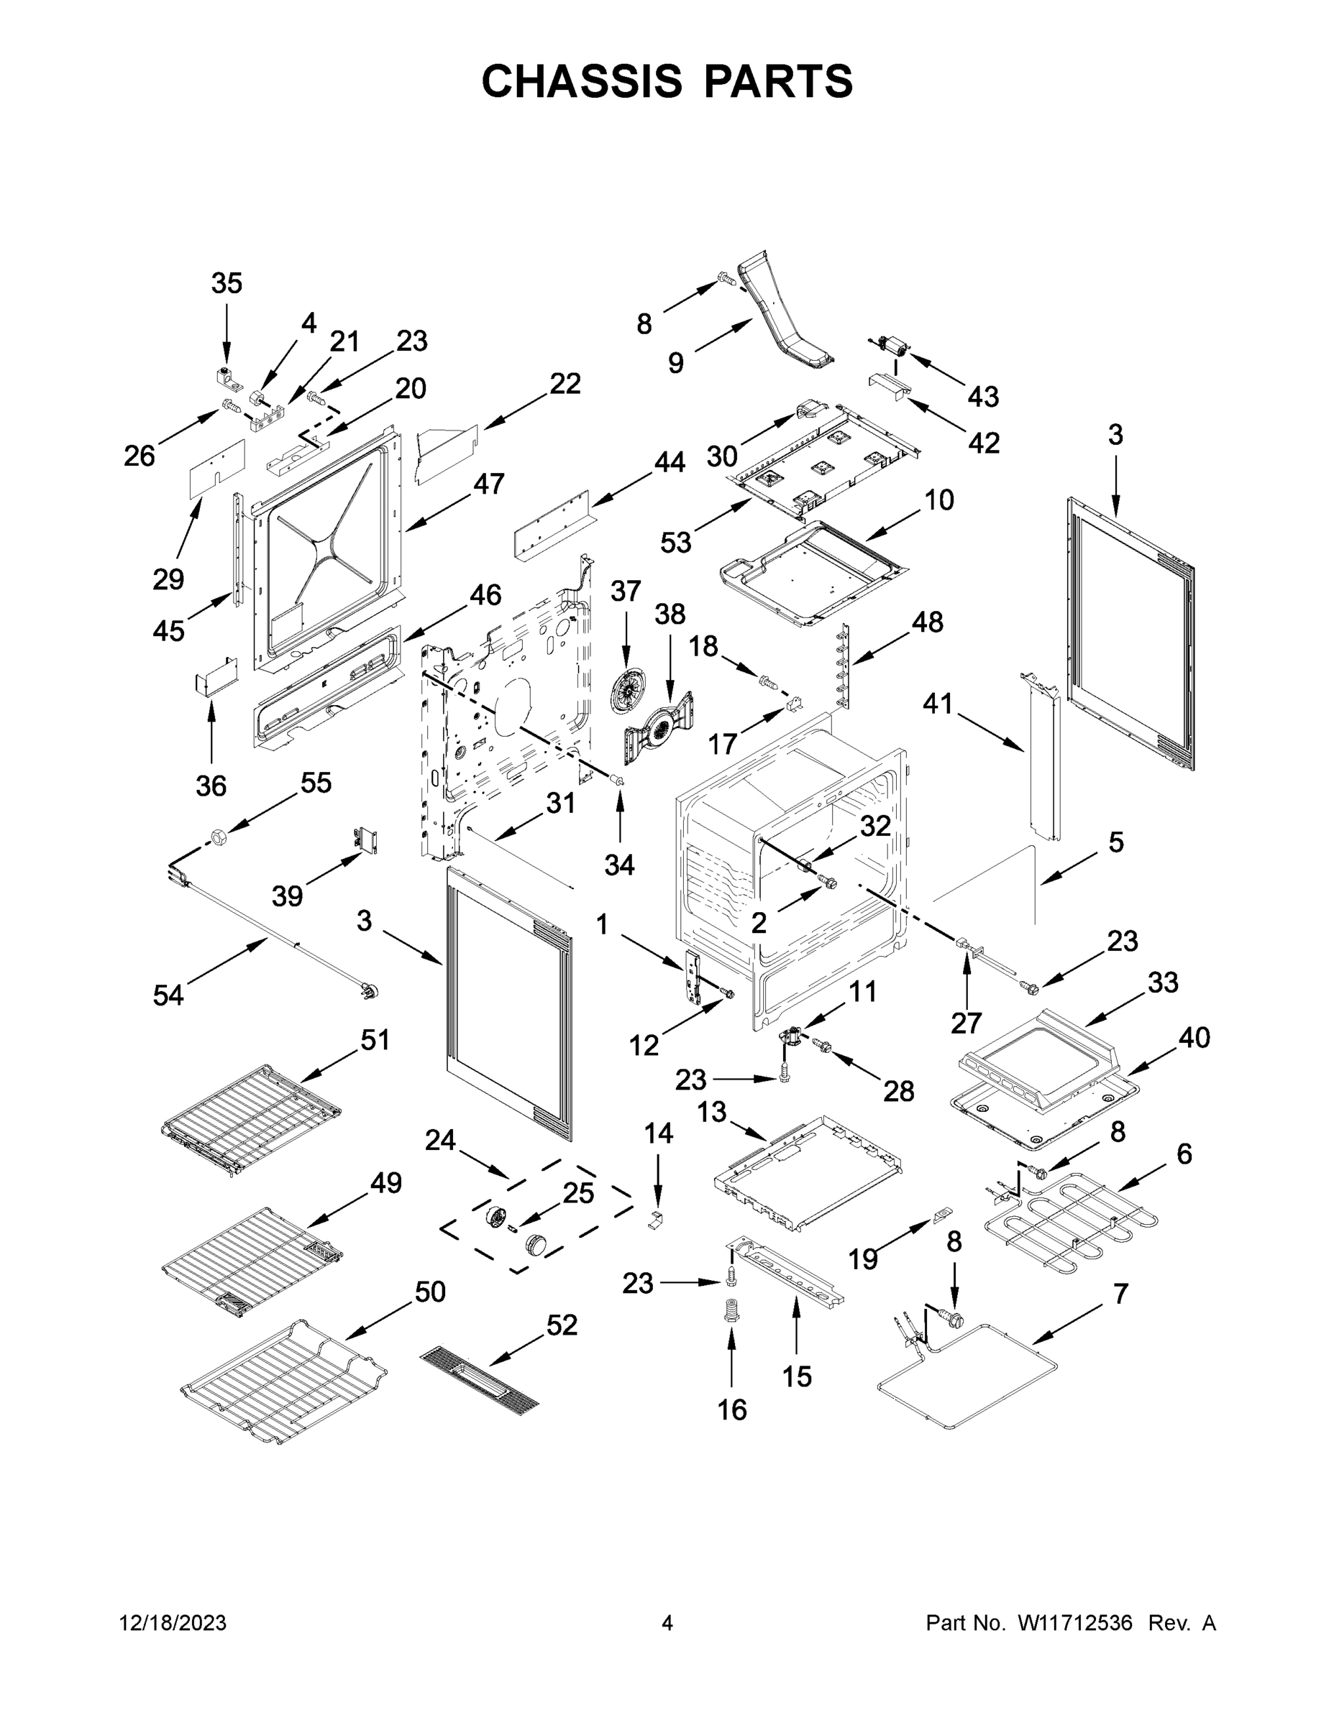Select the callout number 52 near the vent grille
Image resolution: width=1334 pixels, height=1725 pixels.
point(561,1325)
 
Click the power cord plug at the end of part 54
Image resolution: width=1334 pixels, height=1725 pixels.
point(365,988)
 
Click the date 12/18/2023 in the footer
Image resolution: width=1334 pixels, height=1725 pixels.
point(173,1623)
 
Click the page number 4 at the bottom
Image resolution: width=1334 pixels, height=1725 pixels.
point(666,1623)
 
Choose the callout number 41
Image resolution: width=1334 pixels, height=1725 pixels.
point(938,703)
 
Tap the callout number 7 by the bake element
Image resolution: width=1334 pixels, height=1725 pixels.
point(1120,1294)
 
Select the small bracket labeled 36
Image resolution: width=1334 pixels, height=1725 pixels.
point(216,676)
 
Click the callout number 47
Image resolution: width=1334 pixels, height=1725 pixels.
point(488,484)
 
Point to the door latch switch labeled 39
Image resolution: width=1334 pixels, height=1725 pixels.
point(365,840)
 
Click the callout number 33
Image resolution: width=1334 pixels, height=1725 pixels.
point(1163,983)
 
